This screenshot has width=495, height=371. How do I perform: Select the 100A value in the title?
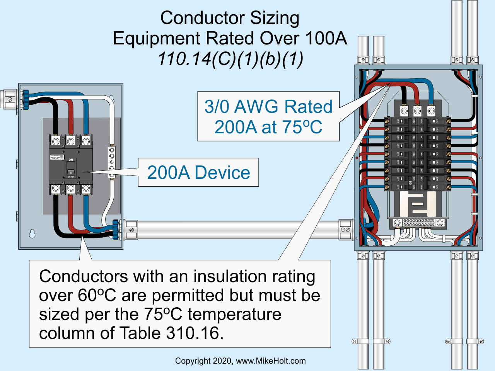click(x=326, y=38)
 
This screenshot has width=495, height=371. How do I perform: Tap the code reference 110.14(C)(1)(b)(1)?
click(x=230, y=59)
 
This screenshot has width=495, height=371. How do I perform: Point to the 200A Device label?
click(x=198, y=172)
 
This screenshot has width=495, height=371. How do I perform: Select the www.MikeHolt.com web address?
click(x=271, y=361)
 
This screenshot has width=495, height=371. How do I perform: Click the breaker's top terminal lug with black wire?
click(x=56, y=141)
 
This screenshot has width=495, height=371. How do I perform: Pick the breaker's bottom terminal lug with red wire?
click(x=70, y=189)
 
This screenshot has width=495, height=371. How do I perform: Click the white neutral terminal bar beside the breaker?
click(x=111, y=162)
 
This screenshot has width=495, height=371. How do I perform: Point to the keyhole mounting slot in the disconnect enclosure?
click(x=32, y=233)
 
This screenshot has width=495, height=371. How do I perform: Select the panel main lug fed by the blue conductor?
click(x=431, y=111)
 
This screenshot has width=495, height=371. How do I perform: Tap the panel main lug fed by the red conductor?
click(x=417, y=111)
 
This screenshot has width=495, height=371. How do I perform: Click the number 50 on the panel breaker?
click(x=410, y=182)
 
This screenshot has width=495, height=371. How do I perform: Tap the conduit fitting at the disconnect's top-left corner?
click(x=10, y=100)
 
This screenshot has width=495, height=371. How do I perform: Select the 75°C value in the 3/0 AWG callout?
click(x=304, y=127)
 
